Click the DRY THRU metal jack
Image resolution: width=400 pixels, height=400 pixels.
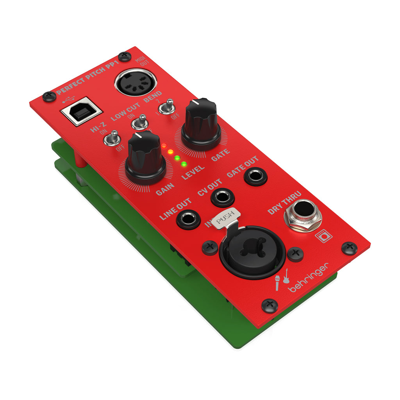point(303,216)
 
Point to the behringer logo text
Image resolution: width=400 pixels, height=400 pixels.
point(308,278)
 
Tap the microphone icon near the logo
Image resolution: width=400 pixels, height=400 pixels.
point(277,283)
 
